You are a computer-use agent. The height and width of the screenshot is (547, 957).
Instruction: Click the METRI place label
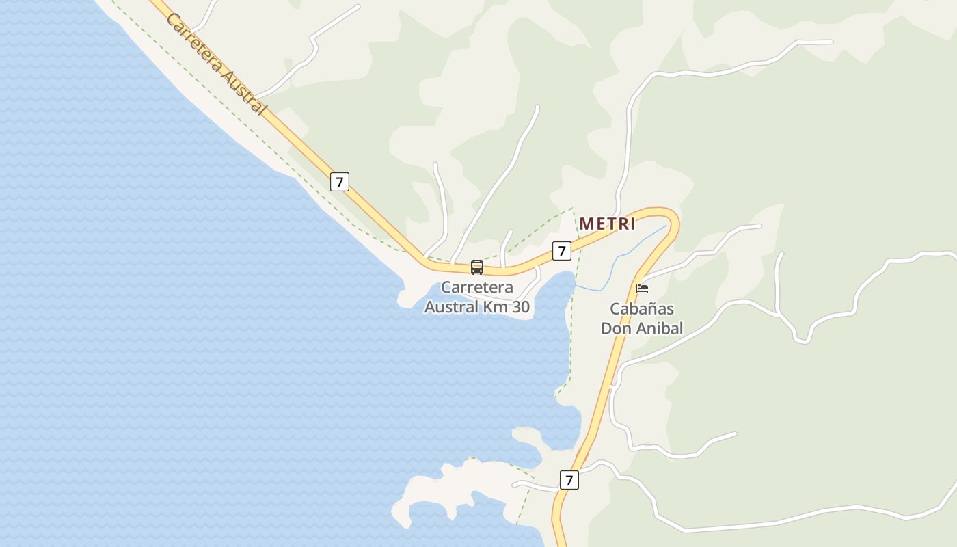click(607, 224)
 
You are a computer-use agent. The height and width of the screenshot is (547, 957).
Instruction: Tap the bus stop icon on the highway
click(477, 267)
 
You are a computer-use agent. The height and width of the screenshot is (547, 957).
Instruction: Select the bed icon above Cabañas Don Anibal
click(642, 289)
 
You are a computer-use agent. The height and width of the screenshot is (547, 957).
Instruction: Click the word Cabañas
click(642, 308)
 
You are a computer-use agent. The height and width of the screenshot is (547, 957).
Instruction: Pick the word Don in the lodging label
click(615, 328)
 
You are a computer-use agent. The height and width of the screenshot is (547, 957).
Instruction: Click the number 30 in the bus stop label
click(521, 307)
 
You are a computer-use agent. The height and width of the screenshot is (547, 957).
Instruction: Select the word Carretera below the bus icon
click(477, 287)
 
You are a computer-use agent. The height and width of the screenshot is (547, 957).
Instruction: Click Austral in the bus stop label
click(451, 307)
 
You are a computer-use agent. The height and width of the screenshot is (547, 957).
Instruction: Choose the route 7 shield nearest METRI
click(561, 251)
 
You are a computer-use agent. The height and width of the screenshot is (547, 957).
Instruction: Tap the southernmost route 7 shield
click(569, 480)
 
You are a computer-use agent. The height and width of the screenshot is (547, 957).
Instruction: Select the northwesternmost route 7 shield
click(339, 182)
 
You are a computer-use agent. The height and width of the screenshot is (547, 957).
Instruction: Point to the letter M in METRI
click(587, 224)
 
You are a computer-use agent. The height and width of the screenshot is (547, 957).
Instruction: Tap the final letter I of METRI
click(633, 224)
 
